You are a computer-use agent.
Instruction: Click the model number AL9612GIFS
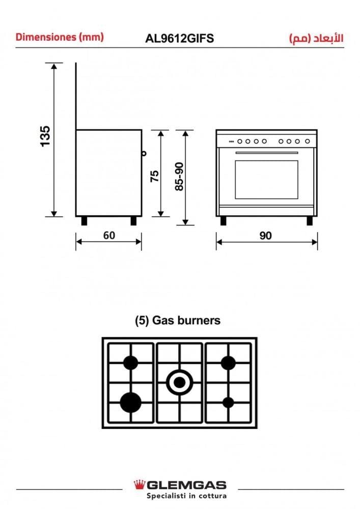click(x=180, y=38)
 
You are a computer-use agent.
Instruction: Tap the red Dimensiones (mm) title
click(x=60, y=37)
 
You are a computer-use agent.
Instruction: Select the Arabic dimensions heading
click(x=316, y=38)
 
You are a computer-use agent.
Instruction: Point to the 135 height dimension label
click(x=45, y=136)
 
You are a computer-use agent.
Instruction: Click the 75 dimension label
click(x=155, y=176)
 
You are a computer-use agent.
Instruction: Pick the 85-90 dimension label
click(x=179, y=177)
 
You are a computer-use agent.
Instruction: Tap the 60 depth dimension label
click(x=109, y=235)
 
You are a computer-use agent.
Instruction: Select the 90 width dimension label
click(x=265, y=236)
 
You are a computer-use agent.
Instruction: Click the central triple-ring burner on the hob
click(x=180, y=382)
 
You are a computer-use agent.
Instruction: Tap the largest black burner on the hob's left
click(x=130, y=403)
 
